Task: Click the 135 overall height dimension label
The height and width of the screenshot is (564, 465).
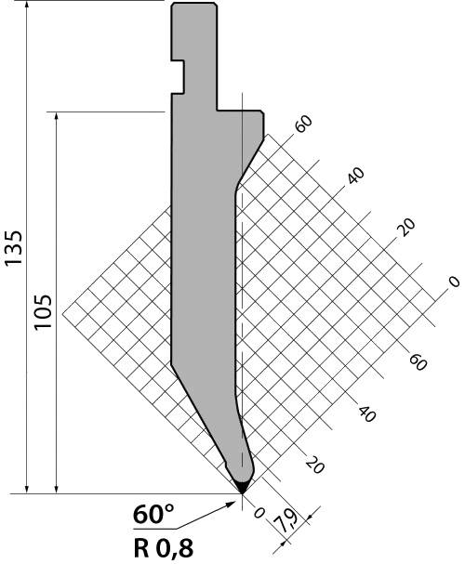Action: pyautogui.click(x=14, y=248)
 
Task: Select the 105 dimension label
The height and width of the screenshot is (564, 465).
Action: pyautogui.click(x=43, y=311)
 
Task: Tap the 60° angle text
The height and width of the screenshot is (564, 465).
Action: pyautogui.click(x=153, y=515)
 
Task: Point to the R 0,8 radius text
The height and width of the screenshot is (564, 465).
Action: pyautogui.click(x=164, y=549)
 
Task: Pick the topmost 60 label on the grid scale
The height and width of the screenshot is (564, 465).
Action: pyautogui.click(x=303, y=125)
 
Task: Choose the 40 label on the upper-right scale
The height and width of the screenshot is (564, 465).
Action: pyautogui.click(x=355, y=176)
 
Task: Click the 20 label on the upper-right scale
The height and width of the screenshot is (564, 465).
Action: pyautogui.click(x=406, y=227)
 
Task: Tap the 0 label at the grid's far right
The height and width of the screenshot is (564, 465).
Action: pyautogui.click(x=454, y=282)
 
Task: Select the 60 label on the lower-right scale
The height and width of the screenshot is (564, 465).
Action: pyautogui.click(x=418, y=361)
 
